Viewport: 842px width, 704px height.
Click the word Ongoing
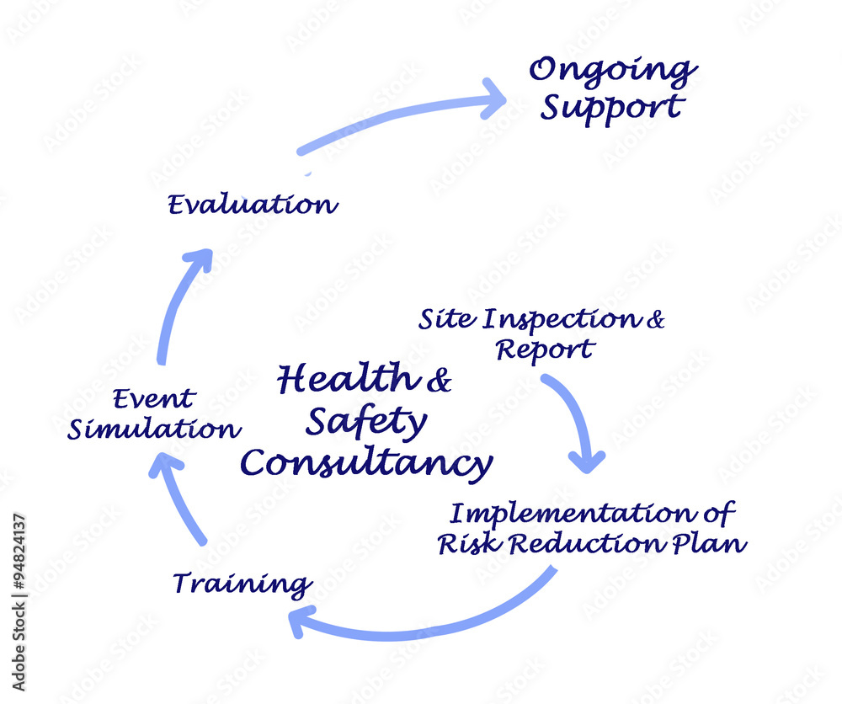(613, 72)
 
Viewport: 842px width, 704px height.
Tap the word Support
(613, 109)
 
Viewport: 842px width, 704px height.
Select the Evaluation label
(253, 205)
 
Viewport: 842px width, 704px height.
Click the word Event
(154, 399)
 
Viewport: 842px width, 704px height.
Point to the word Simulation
(154, 429)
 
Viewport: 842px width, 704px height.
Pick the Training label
(242, 584)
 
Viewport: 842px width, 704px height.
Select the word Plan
(709, 544)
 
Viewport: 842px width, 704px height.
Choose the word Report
(545, 350)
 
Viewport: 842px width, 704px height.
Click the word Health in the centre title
(349, 378)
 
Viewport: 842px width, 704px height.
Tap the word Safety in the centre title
(367, 422)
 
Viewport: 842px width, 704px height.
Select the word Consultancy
(366, 463)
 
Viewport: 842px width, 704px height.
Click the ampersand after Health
(440, 380)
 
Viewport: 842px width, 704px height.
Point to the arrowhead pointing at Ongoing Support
(492, 99)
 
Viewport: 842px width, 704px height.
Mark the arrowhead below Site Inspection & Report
(587, 461)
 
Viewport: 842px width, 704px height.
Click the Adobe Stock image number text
(19, 552)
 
